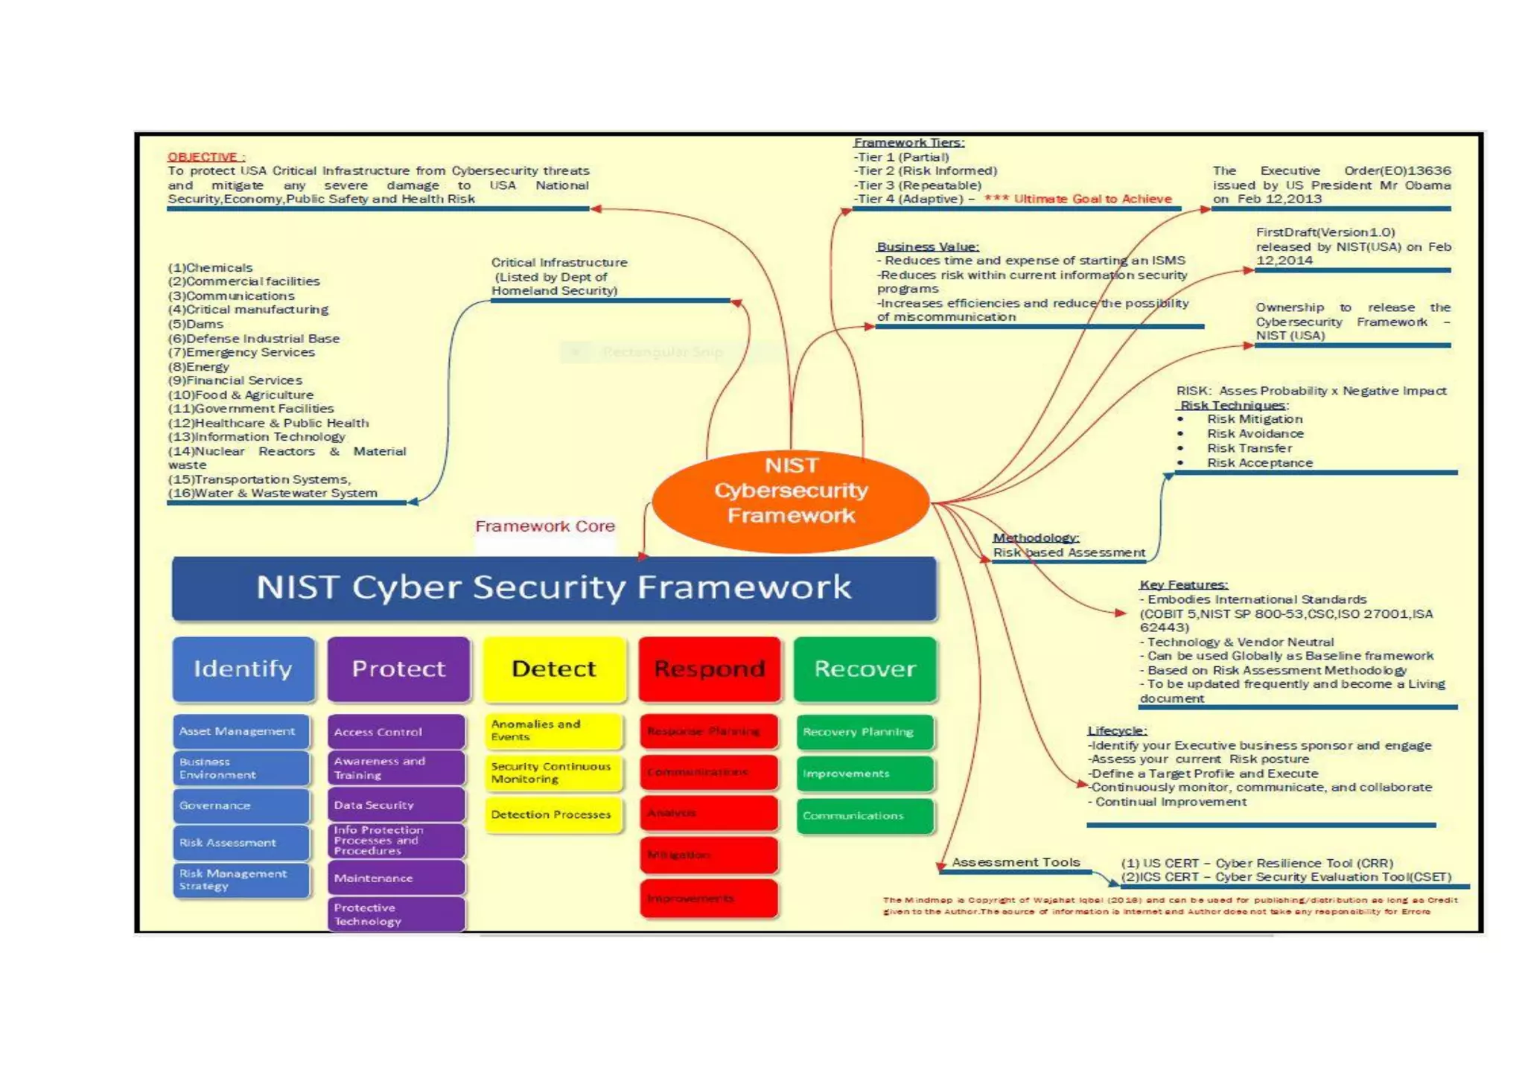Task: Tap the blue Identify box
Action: (243, 669)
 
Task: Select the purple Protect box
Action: (398, 669)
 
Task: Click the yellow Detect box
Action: (553, 669)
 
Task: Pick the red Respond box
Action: (709, 669)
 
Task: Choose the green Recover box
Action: (865, 669)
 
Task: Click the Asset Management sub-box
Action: (241, 731)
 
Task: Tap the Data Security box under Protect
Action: (396, 805)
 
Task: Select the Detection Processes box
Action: (552, 814)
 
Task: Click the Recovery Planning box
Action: (864, 732)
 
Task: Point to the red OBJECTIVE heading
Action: (205, 157)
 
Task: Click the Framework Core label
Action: (545, 526)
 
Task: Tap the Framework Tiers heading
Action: (908, 142)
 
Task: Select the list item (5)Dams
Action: (196, 324)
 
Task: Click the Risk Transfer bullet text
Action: (1249, 448)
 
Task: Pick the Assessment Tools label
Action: (1016, 862)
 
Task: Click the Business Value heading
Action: (927, 246)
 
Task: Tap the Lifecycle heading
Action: (1116, 730)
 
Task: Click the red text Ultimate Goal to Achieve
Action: (1092, 199)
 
